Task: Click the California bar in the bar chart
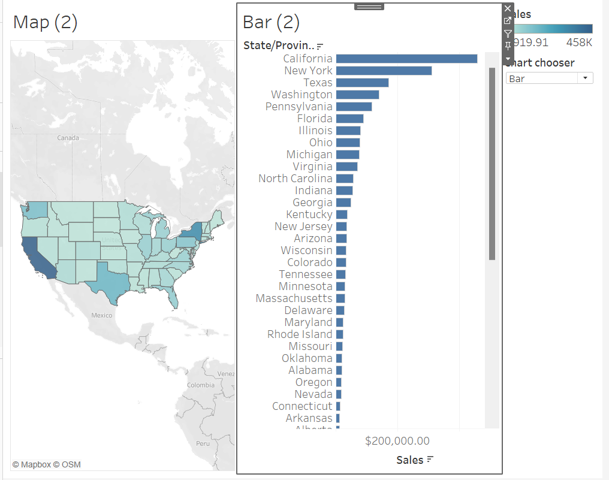(406, 59)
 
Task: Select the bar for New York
(384, 71)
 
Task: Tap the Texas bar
(362, 83)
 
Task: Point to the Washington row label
(302, 95)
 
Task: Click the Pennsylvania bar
(354, 107)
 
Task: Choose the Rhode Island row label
(300, 334)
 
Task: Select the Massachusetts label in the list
(294, 298)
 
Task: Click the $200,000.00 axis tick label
(397, 441)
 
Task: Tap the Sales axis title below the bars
(409, 460)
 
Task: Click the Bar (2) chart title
(271, 23)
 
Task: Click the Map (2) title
(46, 23)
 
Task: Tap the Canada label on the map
(68, 138)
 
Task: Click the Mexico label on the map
(101, 315)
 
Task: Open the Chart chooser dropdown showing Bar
(549, 79)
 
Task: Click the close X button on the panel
(508, 8)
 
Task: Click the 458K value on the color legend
(579, 43)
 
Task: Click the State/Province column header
(279, 46)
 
